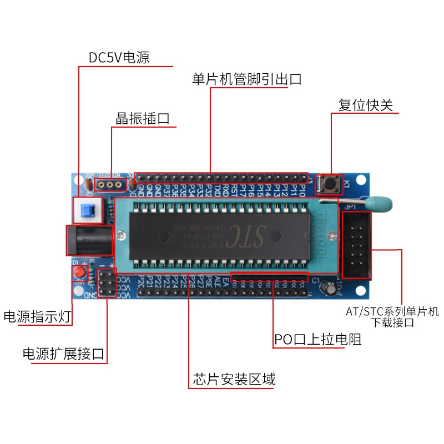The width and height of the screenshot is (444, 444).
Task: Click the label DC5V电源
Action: tap(119, 58)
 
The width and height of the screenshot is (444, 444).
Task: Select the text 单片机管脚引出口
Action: tap(247, 79)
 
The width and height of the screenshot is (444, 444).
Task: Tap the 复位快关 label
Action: tap(366, 105)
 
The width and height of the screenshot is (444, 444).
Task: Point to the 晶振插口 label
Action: tap(142, 119)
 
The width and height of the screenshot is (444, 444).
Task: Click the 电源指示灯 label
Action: tap(37, 317)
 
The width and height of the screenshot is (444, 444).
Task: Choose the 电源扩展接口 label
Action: tap(64, 354)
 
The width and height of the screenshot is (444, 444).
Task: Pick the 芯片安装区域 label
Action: tap(234, 380)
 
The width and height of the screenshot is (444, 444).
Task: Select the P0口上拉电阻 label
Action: tap(318, 340)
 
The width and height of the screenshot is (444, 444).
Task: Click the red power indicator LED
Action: tap(79, 273)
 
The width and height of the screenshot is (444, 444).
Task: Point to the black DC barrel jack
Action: tap(89, 241)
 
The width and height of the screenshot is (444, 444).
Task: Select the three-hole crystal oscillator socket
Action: tap(110, 184)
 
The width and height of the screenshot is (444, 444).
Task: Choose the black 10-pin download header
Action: tap(356, 244)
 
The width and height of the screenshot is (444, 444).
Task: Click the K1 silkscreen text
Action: tap(347, 184)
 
